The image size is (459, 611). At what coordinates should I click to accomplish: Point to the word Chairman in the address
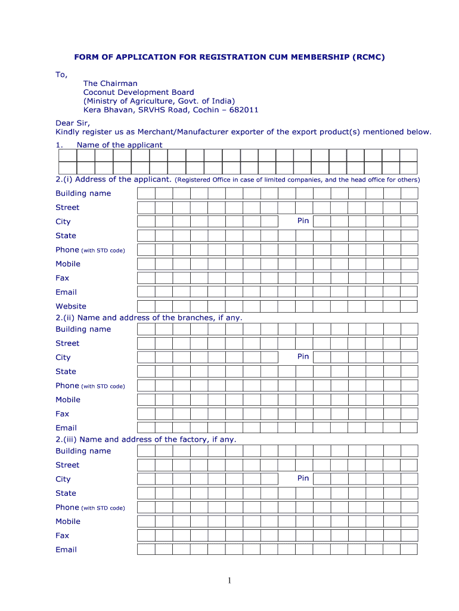[119, 84]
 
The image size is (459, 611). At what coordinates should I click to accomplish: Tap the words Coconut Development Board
[138, 92]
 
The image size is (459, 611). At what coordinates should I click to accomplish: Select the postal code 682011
[245, 110]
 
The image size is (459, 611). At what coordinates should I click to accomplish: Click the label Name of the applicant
[119, 145]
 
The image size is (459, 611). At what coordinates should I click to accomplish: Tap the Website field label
[71, 306]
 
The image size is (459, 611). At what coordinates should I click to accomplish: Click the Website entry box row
[277, 306]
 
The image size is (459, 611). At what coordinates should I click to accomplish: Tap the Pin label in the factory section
[303, 479]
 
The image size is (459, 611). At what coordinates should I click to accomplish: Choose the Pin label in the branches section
[303, 357]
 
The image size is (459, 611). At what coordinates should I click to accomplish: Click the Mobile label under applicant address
[68, 264]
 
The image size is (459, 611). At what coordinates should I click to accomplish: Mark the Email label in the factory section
[66, 550]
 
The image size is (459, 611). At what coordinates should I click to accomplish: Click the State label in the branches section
[66, 371]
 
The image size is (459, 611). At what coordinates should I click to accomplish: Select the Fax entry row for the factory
[277, 535]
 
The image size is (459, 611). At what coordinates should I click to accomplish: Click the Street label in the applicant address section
[67, 207]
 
